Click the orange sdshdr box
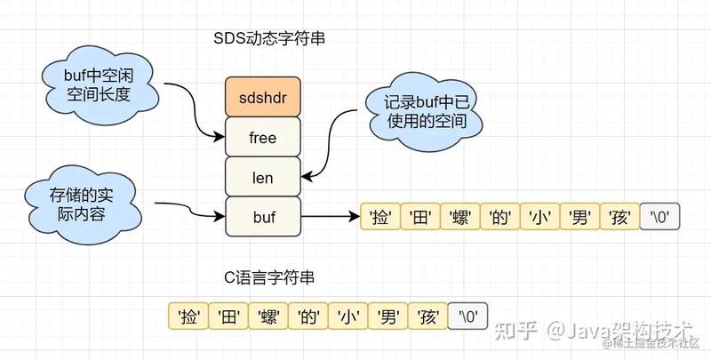[263, 97]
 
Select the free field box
[263, 137]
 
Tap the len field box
[263, 177]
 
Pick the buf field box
[263, 217]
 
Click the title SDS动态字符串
[269, 38]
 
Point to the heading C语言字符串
[269, 277]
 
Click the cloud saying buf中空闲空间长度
[100, 85]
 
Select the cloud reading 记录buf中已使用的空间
[425, 111]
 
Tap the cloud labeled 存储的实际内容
[83, 205]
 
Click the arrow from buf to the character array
[331, 216]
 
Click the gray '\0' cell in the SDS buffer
[659, 217]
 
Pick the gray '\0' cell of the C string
[467, 316]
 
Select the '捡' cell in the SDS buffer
[380, 217]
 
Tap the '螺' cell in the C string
[268, 316]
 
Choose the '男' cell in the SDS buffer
[579, 217]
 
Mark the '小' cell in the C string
[348, 316]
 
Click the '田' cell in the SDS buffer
[419, 217]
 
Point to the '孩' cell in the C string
[427, 316]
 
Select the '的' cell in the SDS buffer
[499, 217]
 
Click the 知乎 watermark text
[516, 331]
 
